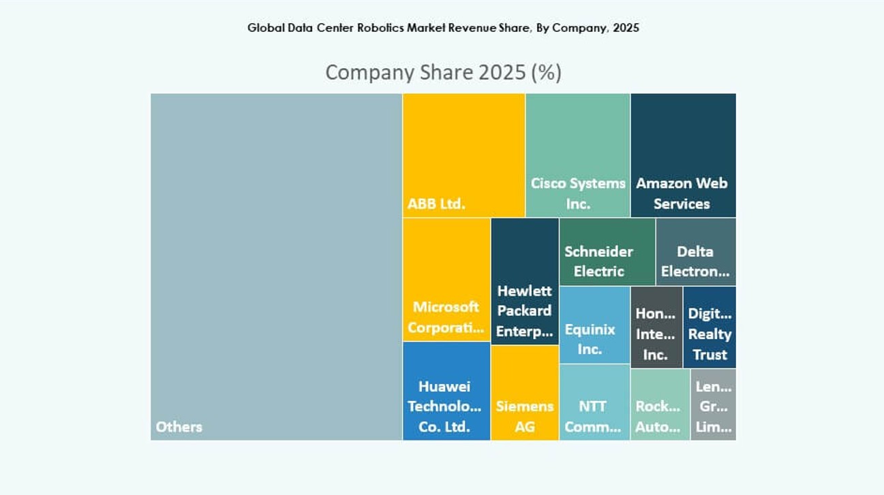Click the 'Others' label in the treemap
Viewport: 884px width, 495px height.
pyautogui.click(x=179, y=427)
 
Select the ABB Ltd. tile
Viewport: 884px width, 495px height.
pyautogui.click(x=463, y=155)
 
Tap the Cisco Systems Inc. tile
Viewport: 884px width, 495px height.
pyautogui.click(x=577, y=155)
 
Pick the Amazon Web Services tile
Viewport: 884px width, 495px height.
pyautogui.click(x=682, y=155)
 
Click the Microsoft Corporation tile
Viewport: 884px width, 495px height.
pyautogui.click(x=446, y=279)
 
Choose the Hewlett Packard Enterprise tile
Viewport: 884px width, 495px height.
pyautogui.click(x=524, y=281)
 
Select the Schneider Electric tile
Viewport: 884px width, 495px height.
pyautogui.click(x=607, y=251)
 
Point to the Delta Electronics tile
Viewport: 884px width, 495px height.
pyautogui.click(x=695, y=251)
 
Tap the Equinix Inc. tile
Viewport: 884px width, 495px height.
pyautogui.click(x=594, y=325)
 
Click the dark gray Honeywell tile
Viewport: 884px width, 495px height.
pyautogui.click(x=656, y=327)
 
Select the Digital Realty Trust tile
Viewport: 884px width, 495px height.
pyautogui.click(x=709, y=327)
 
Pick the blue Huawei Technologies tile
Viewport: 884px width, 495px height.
pyautogui.click(x=446, y=391)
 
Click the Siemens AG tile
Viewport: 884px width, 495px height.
pyautogui.click(x=524, y=393)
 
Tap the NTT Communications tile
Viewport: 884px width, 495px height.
pyautogui.click(x=594, y=402)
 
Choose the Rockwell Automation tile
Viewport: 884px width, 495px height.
pyautogui.click(x=659, y=404)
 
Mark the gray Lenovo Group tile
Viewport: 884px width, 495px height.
pyautogui.click(x=713, y=404)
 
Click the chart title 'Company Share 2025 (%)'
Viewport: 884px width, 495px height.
pyautogui.click(x=443, y=72)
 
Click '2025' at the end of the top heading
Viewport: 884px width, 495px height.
pyautogui.click(x=626, y=28)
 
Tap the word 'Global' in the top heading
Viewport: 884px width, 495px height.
pyautogui.click(x=262, y=28)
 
